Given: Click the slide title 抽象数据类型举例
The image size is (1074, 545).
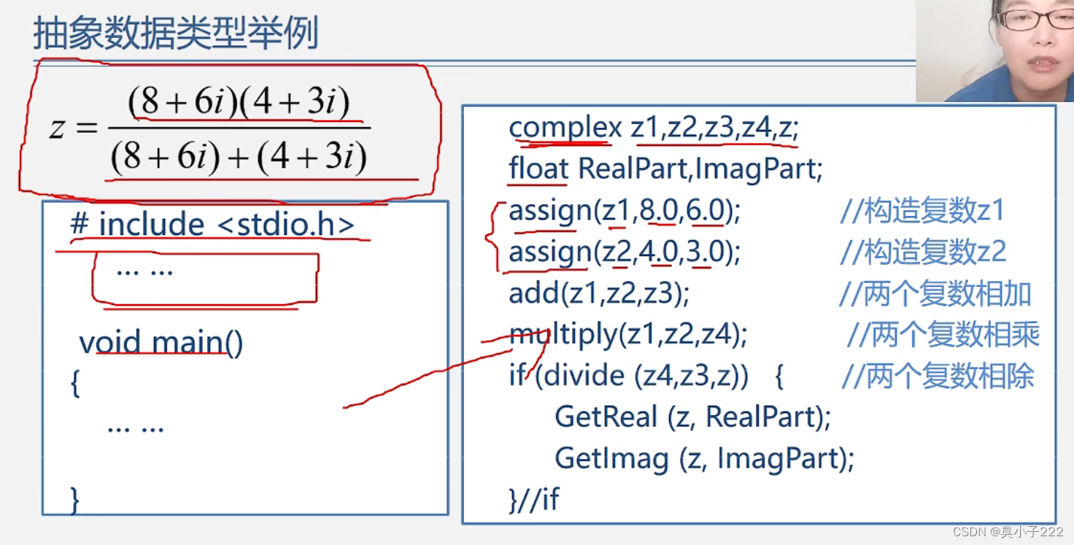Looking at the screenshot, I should tap(176, 34).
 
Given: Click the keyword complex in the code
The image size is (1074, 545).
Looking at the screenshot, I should tap(565, 128).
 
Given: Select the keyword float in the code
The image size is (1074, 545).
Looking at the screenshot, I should tap(538, 169).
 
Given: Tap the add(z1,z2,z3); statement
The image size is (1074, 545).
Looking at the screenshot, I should tap(599, 293).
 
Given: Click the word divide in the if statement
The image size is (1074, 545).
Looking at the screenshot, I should tap(584, 376).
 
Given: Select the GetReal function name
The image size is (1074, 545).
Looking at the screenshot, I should tap(606, 417).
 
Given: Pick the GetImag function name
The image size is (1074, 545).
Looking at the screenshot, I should tap(611, 458).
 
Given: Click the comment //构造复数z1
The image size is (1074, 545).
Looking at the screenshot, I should tap(923, 211).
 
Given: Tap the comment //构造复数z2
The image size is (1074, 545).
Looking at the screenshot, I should tap(923, 252).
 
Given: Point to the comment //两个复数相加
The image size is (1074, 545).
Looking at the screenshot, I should tap(935, 294).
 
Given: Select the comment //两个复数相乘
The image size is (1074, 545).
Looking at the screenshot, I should tap(943, 335).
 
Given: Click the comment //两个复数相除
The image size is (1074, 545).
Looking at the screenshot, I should tap(938, 376).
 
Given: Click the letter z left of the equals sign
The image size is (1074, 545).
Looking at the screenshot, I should tap(56, 129).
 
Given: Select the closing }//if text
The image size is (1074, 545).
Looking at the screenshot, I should tap(533, 500).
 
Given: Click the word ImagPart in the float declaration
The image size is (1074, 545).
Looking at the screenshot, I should tap(758, 169).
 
